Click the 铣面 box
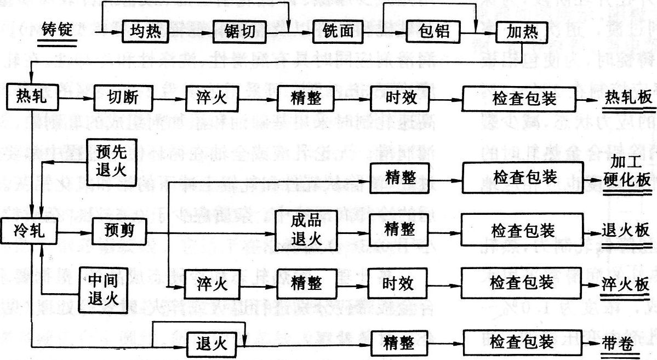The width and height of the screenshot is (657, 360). (x=333, y=33)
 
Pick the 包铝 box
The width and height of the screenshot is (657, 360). (x=433, y=32)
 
